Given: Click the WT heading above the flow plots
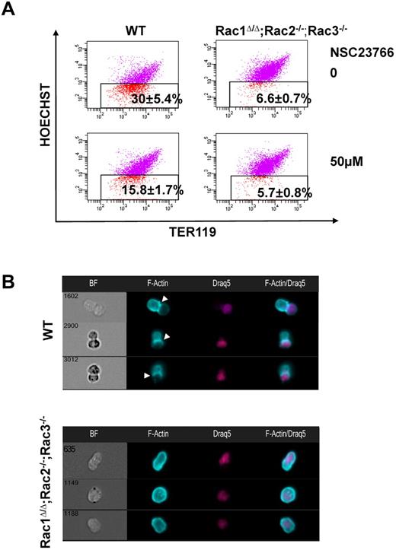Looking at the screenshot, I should [x=137, y=30].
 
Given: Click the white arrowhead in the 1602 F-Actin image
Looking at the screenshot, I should [x=166, y=300].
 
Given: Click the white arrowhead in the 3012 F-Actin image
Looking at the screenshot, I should [x=147, y=375].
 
